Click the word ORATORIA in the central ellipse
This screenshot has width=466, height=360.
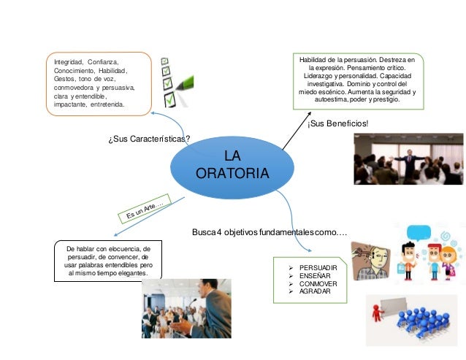pyautogui.click(x=232, y=174)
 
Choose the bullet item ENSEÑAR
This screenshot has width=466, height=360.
pyautogui.click(x=314, y=275)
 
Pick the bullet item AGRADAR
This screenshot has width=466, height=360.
pyautogui.click(x=314, y=291)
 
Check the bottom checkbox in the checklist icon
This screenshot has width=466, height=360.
pyautogui.click(x=169, y=98)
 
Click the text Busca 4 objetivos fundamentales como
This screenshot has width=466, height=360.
pyautogui.click(x=269, y=232)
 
